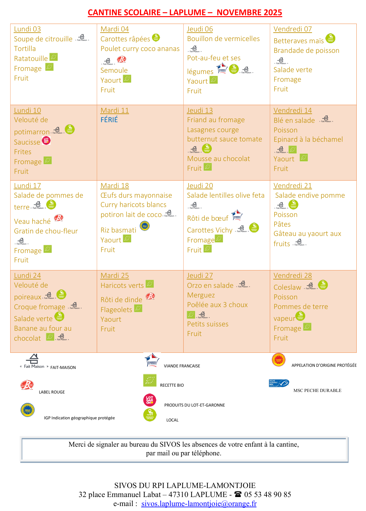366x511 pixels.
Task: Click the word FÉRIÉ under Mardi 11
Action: point(109,120)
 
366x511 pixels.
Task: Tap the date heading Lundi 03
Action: point(27,29)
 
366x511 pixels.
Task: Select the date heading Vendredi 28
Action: point(292,275)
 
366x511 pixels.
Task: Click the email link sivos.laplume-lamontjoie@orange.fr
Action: point(199,503)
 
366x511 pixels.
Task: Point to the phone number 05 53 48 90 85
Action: point(267,494)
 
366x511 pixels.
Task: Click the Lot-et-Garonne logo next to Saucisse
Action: point(46,140)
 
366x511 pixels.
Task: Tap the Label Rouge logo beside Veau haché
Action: point(59,218)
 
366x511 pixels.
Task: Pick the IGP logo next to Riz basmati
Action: point(145,226)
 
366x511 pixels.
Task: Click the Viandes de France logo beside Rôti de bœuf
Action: point(237,215)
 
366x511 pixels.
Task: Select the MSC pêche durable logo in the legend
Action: point(279,383)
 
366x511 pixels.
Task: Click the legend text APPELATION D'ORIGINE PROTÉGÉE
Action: point(324,365)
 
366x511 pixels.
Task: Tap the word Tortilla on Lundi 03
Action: point(25,49)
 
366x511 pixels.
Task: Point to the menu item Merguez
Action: point(201,295)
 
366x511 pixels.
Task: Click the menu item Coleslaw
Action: point(287,287)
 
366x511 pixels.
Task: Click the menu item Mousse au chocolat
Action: point(218,159)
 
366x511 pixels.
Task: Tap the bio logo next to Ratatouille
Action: point(54,57)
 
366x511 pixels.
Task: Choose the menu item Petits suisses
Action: point(208,324)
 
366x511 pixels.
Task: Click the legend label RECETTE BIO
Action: point(172,385)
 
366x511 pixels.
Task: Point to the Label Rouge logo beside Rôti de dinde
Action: point(150,296)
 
